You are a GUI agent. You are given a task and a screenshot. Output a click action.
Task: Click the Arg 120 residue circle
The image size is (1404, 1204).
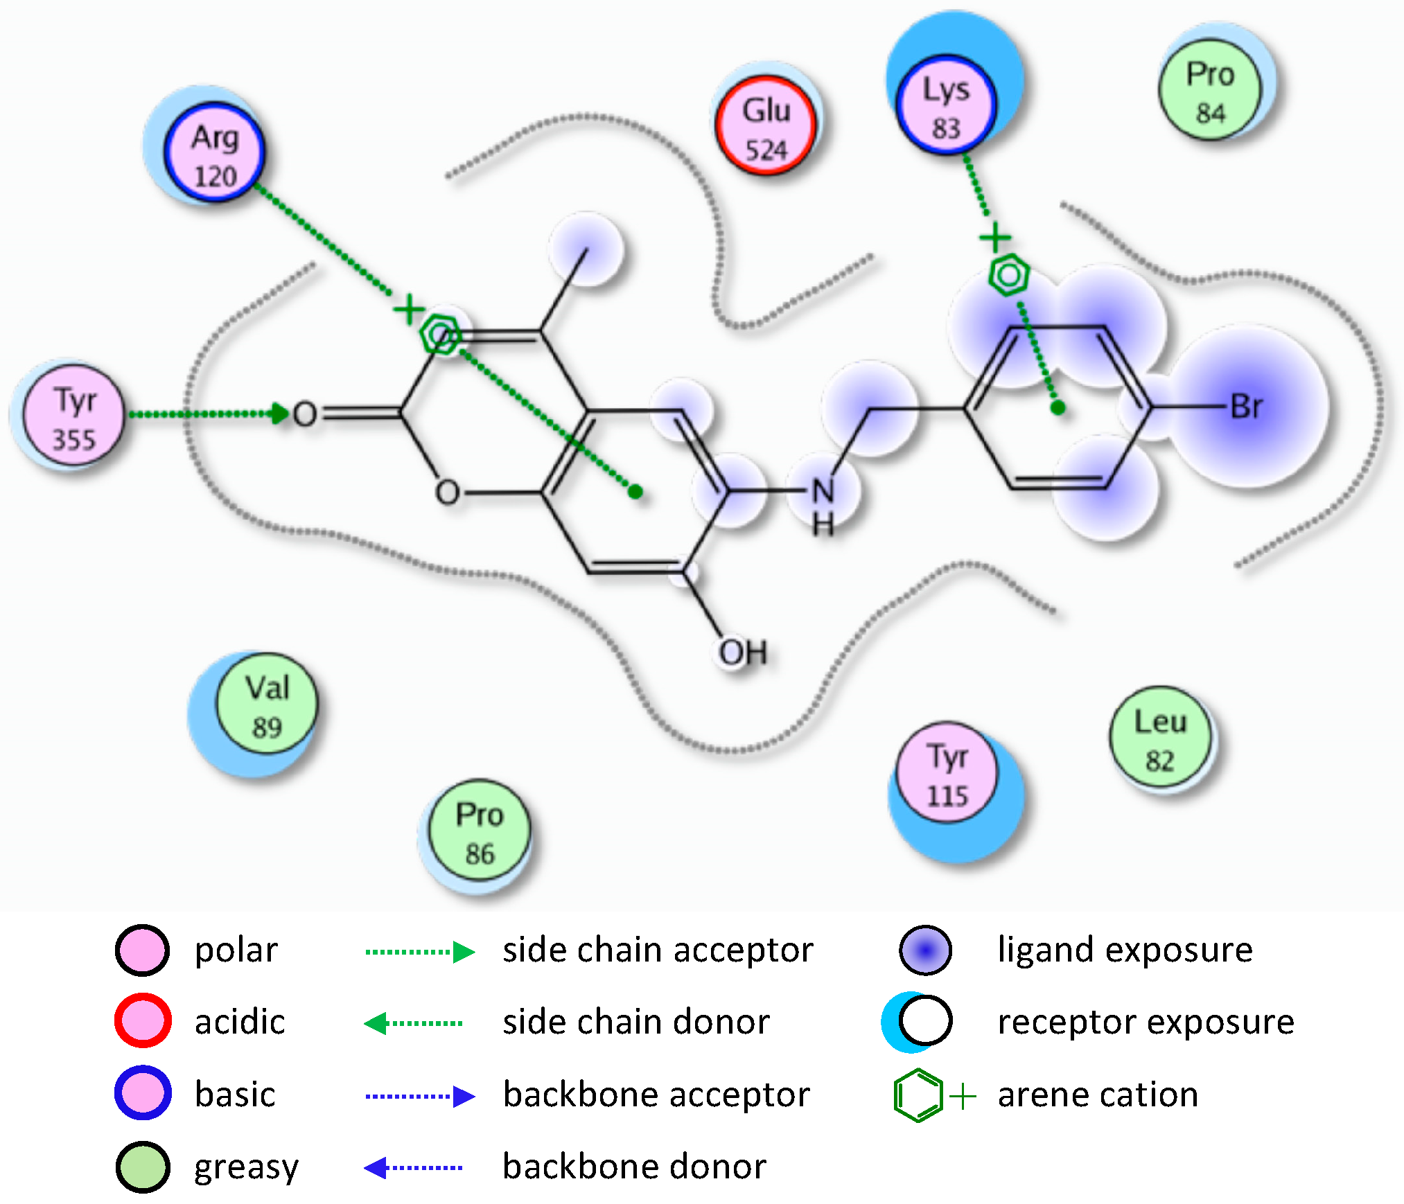click(215, 152)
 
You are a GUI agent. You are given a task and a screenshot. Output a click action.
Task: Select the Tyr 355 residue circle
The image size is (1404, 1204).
click(74, 416)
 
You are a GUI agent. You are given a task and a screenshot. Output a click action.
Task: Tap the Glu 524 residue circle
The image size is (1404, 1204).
click(766, 125)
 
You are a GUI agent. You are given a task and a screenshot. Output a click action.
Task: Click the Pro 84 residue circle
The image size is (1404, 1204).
click(1210, 89)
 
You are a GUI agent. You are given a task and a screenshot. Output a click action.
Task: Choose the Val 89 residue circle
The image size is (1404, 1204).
click(267, 703)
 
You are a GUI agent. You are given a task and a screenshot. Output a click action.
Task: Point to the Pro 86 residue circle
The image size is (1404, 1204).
click(480, 830)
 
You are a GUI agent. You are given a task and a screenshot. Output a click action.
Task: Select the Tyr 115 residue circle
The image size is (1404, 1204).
click(947, 772)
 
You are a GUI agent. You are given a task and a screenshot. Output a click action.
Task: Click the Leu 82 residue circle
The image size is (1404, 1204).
click(1160, 737)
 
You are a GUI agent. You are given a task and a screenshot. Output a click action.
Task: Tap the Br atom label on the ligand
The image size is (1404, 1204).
click(1246, 407)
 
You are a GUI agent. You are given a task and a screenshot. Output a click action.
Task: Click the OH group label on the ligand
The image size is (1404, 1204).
click(742, 652)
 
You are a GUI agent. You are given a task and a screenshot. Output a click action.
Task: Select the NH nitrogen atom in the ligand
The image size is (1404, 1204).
click(823, 492)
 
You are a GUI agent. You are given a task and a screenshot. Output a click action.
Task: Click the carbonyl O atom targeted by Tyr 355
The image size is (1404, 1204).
click(305, 414)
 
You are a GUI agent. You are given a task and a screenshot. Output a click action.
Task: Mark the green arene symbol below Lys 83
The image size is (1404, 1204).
click(1008, 275)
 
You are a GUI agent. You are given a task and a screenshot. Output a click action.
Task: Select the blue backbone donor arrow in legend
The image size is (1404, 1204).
click(413, 1167)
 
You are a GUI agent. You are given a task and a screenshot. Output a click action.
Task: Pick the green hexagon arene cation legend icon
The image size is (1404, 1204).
click(918, 1095)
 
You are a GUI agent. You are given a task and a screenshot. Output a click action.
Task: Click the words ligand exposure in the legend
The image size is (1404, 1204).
click(1125, 949)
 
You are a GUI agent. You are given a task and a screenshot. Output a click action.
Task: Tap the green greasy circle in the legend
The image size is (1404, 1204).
click(143, 1167)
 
